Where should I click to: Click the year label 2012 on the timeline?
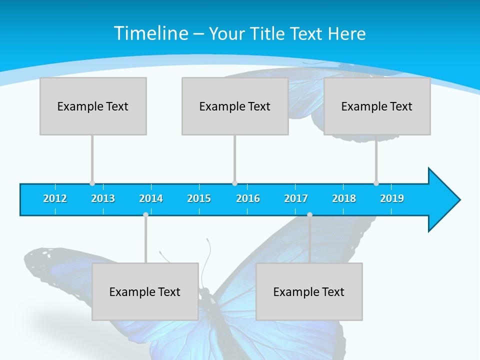55,198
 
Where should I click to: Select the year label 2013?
103,198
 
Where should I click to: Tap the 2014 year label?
151,198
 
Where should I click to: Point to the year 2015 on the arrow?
199,198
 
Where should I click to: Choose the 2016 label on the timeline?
248,198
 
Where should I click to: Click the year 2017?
296,198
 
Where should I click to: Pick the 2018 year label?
344,198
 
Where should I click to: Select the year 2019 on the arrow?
392,198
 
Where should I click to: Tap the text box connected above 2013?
93,106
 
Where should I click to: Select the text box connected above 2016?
235,106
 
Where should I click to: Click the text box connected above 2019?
377,106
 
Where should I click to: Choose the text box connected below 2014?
145,291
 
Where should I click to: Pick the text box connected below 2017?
309,291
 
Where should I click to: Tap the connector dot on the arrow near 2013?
92,183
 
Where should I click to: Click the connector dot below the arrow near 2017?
309,214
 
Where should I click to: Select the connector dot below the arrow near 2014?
145,214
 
